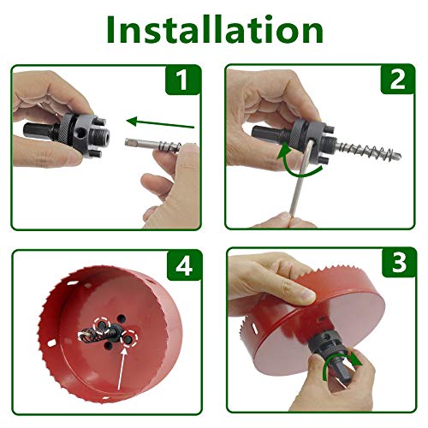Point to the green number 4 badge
(181, 267)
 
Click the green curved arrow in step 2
(295, 159)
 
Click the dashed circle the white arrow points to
(128, 340)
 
